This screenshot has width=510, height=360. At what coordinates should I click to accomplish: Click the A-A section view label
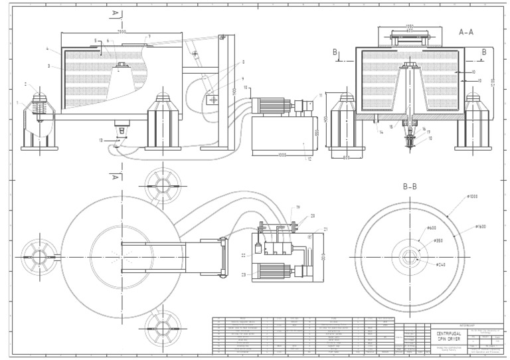click(x=466, y=31)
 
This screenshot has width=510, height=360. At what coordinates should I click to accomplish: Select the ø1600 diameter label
click(x=483, y=227)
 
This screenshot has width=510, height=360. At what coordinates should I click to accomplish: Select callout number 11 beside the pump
click(x=321, y=96)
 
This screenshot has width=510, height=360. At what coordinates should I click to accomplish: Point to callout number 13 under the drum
click(x=100, y=140)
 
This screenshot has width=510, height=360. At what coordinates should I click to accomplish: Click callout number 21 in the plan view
click(x=307, y=229)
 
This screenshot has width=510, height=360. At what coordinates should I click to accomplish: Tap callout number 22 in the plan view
click(x=243, y=254)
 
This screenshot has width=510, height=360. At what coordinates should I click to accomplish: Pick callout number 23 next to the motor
click(x=243, y=274)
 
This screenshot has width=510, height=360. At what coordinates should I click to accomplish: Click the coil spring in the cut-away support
click(x=38, y=107)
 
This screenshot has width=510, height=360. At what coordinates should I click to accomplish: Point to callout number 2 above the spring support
click(x=25, y=84)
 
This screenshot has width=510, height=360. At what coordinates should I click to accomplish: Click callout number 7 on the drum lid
click(x=149, y=36)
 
